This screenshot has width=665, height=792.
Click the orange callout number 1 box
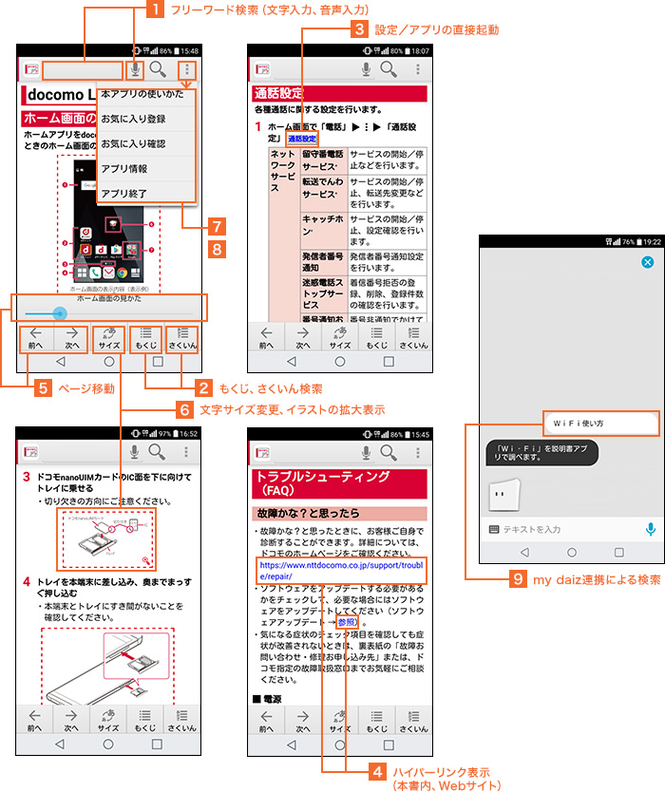tap(154, 11)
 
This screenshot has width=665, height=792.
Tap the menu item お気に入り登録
tap(133, 120)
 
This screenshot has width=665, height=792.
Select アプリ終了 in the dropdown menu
tap(123, 193)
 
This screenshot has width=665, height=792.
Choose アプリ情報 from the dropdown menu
tap(123, 168)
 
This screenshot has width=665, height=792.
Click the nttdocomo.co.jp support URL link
tap(339, 570)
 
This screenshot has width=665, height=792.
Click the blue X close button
tap(647, 262)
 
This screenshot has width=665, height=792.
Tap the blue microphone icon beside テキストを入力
tap(651, 529)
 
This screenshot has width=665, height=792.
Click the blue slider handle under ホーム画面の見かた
tap(60, 312)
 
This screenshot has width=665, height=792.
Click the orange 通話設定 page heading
tap(278, 93)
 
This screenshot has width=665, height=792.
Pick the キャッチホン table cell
tap(322, 225)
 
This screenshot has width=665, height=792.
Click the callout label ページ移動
tap(86, 388)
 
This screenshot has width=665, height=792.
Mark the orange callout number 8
tap(218, 249)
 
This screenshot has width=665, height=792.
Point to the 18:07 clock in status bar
tap(419, 50)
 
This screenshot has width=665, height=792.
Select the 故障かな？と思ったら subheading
tap(309, 513)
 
